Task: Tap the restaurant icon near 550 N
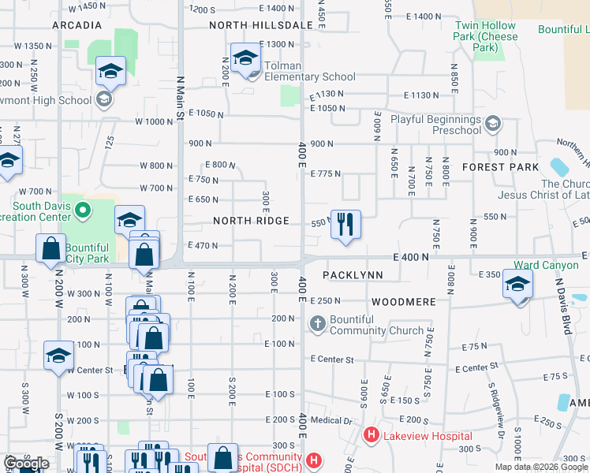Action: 345,224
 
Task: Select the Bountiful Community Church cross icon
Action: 317,323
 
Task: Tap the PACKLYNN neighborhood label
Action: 353,275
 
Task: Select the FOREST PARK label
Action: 501,167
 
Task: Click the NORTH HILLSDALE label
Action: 261,25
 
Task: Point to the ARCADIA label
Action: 77,25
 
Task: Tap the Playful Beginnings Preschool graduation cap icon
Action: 493,123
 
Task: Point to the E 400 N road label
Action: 412,257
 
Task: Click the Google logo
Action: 26,464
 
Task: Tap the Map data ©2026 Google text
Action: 542,466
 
